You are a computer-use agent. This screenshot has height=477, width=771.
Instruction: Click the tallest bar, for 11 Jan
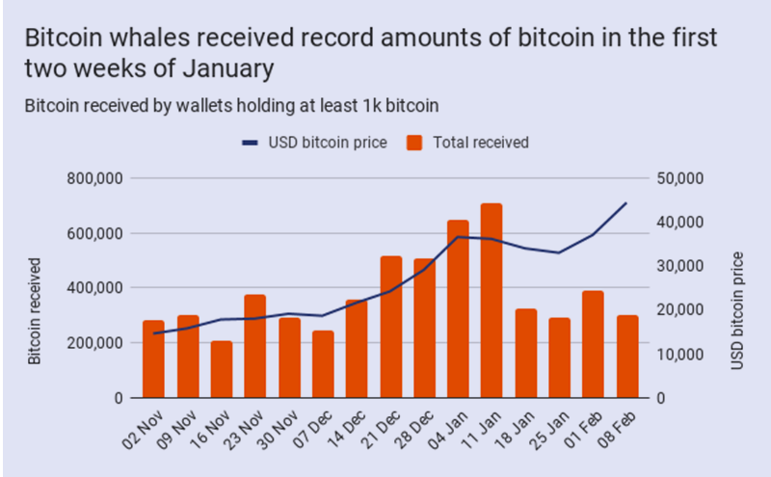(x=492, y=301)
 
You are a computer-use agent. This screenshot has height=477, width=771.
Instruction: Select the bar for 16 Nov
(x=222, y=369)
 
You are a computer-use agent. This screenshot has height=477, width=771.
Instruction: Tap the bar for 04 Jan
(x=458, y=308)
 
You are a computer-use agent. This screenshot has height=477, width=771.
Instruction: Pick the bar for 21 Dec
(x=391, y=327)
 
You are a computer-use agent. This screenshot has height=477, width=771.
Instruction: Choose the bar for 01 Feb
(x=593, y=344)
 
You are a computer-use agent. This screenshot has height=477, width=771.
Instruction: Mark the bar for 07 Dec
(x=323, y=364)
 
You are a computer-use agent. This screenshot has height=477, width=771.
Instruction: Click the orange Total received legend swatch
(x=414, y=143)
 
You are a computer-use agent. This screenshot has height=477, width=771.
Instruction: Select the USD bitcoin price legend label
(x=328, y=143)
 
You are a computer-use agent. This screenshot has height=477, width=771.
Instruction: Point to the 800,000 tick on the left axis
(x=94, y=178)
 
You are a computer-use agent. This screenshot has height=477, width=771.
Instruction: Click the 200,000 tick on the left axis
(x=94, y=343)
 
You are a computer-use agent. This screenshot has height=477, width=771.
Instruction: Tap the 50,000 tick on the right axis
(x=680, y=178)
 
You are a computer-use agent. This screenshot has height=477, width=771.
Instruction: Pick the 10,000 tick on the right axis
(x=680, y=354)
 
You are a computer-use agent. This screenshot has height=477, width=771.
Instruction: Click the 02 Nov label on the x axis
(x=143, y=430)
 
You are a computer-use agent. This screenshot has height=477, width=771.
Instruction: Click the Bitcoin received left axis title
(x=34, y=311)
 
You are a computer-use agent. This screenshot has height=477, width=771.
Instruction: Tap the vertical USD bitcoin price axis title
(x=737, y=311)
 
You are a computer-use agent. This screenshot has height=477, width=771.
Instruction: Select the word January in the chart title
(x=228, y=68)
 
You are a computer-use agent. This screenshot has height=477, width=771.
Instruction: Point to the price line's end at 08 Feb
(x=626, y=202)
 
